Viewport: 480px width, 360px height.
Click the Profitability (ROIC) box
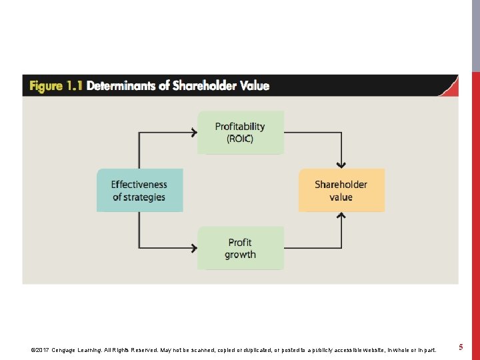(240, 133)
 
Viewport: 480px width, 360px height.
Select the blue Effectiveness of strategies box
(139, 190)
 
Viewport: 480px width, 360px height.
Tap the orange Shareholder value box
(341, 190)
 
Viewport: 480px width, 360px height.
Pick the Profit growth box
(240, 248)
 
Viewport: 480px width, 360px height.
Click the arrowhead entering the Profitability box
(194, 133)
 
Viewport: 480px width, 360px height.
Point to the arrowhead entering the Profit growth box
(194, 248)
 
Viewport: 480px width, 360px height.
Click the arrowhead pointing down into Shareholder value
(341, 165)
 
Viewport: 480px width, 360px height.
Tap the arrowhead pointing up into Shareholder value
(341, 215)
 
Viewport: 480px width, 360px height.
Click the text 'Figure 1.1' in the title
(55, 86)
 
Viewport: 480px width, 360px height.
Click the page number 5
(461, 347)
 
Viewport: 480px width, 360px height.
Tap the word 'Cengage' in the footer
(65, 350)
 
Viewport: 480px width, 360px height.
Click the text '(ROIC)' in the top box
(240, 139)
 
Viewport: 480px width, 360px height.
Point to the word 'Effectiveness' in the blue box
(139, 185)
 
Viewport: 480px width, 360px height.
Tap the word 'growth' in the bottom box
(240, 255)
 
